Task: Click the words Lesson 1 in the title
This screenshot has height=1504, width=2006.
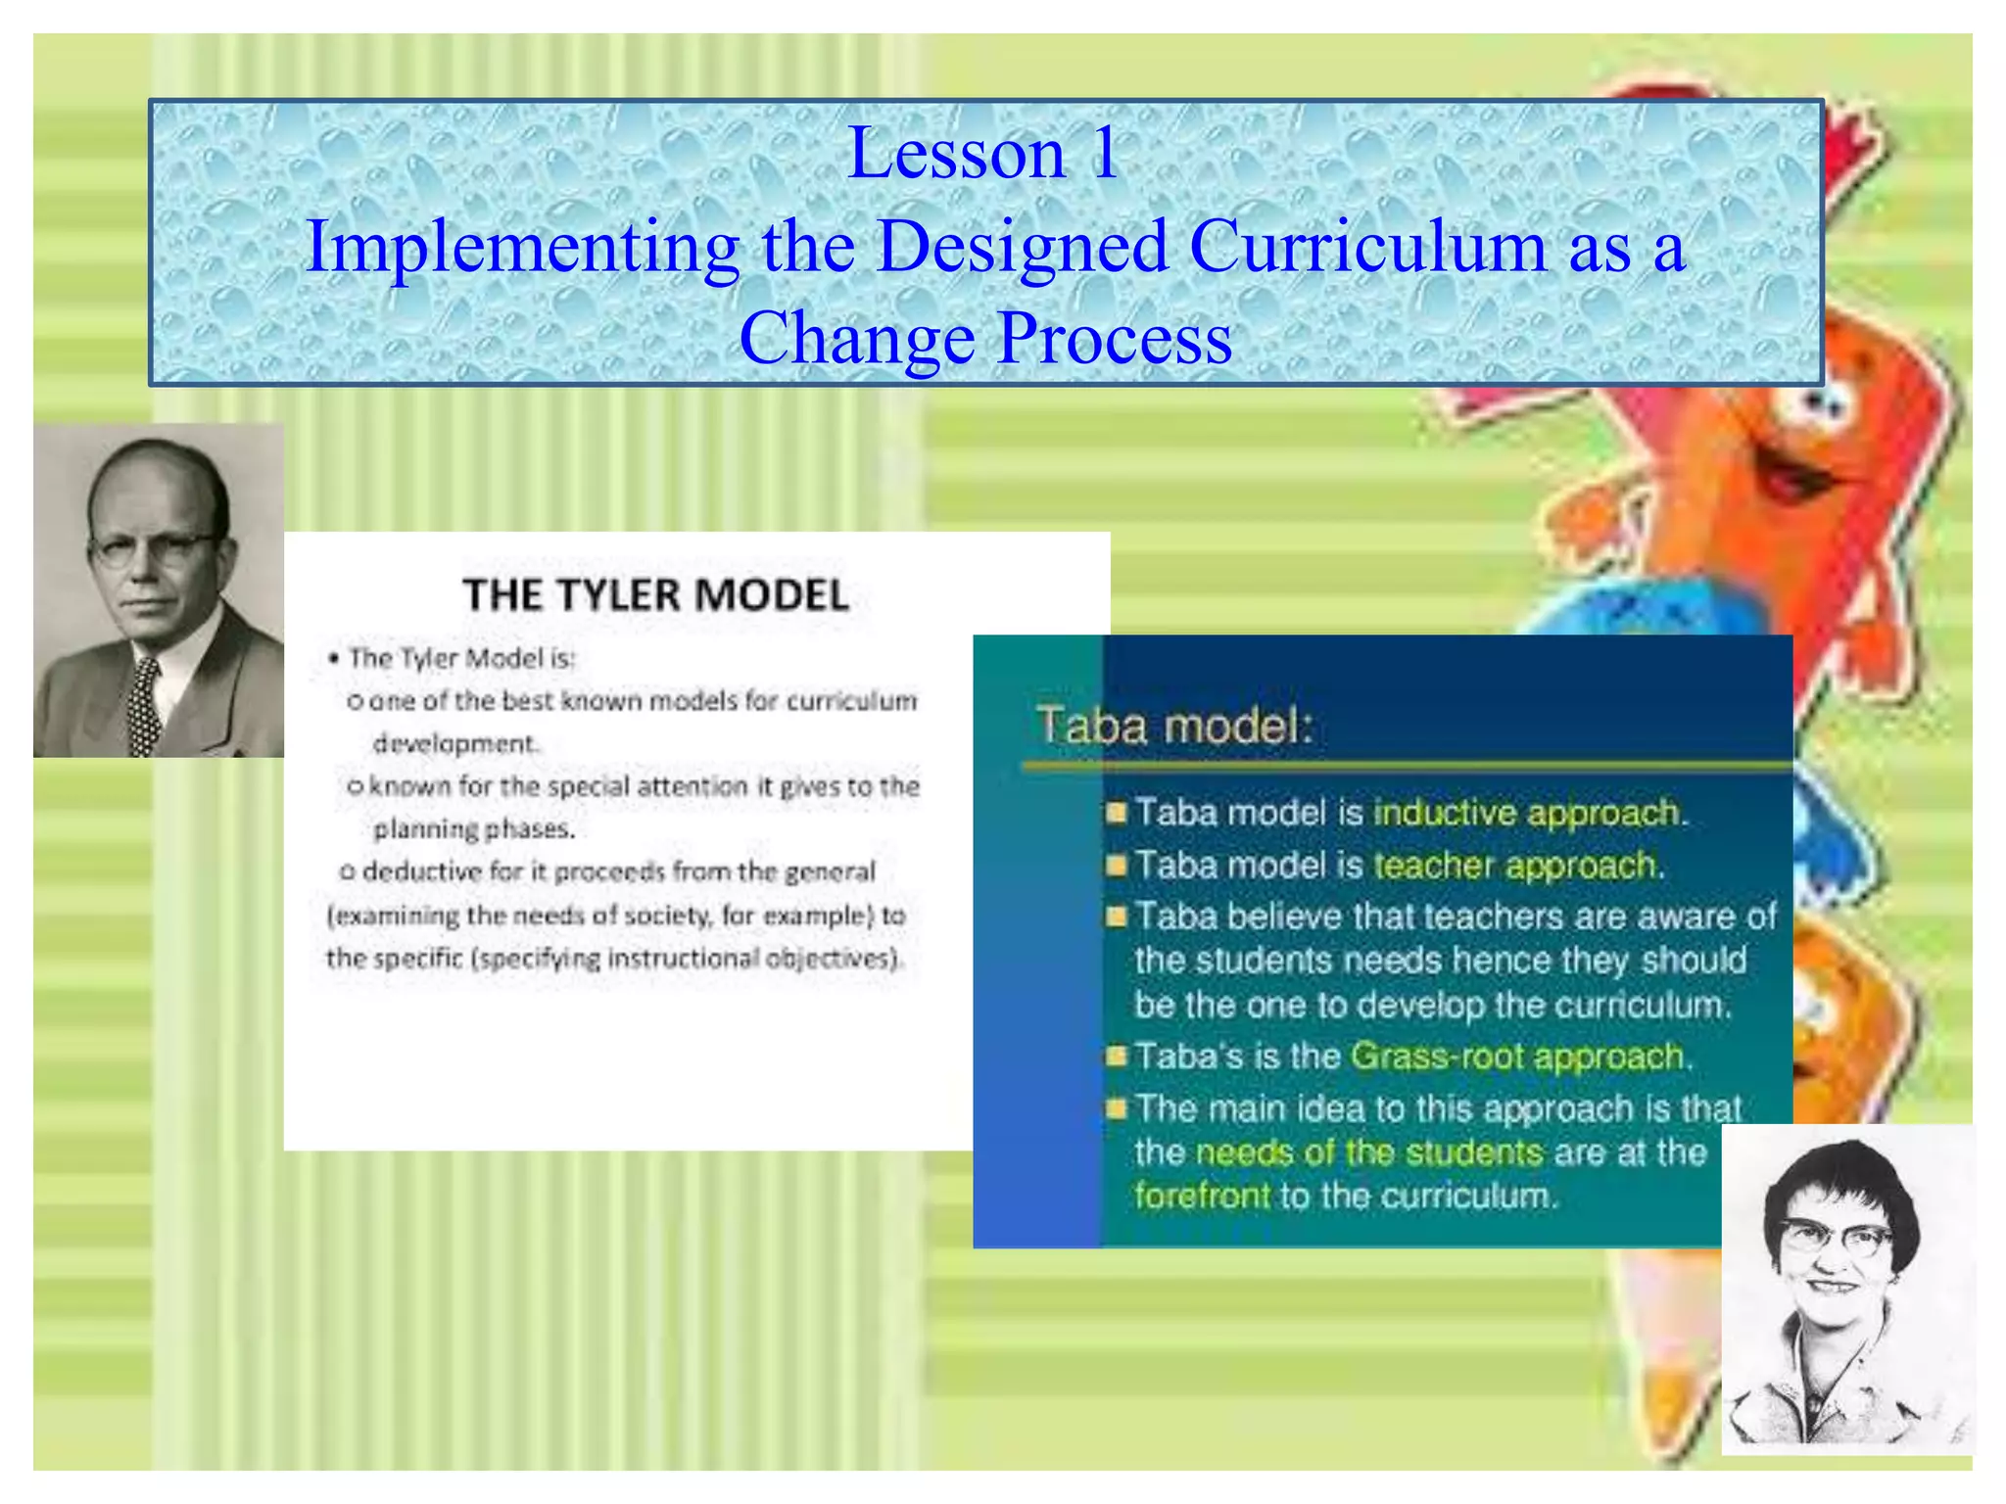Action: (x=982, y=154)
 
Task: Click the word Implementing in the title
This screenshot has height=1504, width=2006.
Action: (x=522, y=247)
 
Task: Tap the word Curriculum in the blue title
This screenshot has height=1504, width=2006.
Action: (x=1367, y=247)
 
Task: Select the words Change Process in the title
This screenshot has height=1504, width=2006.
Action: (x=985, y=338)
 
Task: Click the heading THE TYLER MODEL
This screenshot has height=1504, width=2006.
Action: (x=655, y=595)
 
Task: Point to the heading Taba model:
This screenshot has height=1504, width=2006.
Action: (x=1173, y=727)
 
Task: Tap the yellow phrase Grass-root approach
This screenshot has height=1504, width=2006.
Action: (x=1517, y=1056)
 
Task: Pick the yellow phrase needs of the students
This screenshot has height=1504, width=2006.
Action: (x=1368, y=1151)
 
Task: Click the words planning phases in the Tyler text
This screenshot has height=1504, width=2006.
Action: (x=473, y=829)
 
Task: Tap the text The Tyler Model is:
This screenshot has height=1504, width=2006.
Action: (x=461, y=658)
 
